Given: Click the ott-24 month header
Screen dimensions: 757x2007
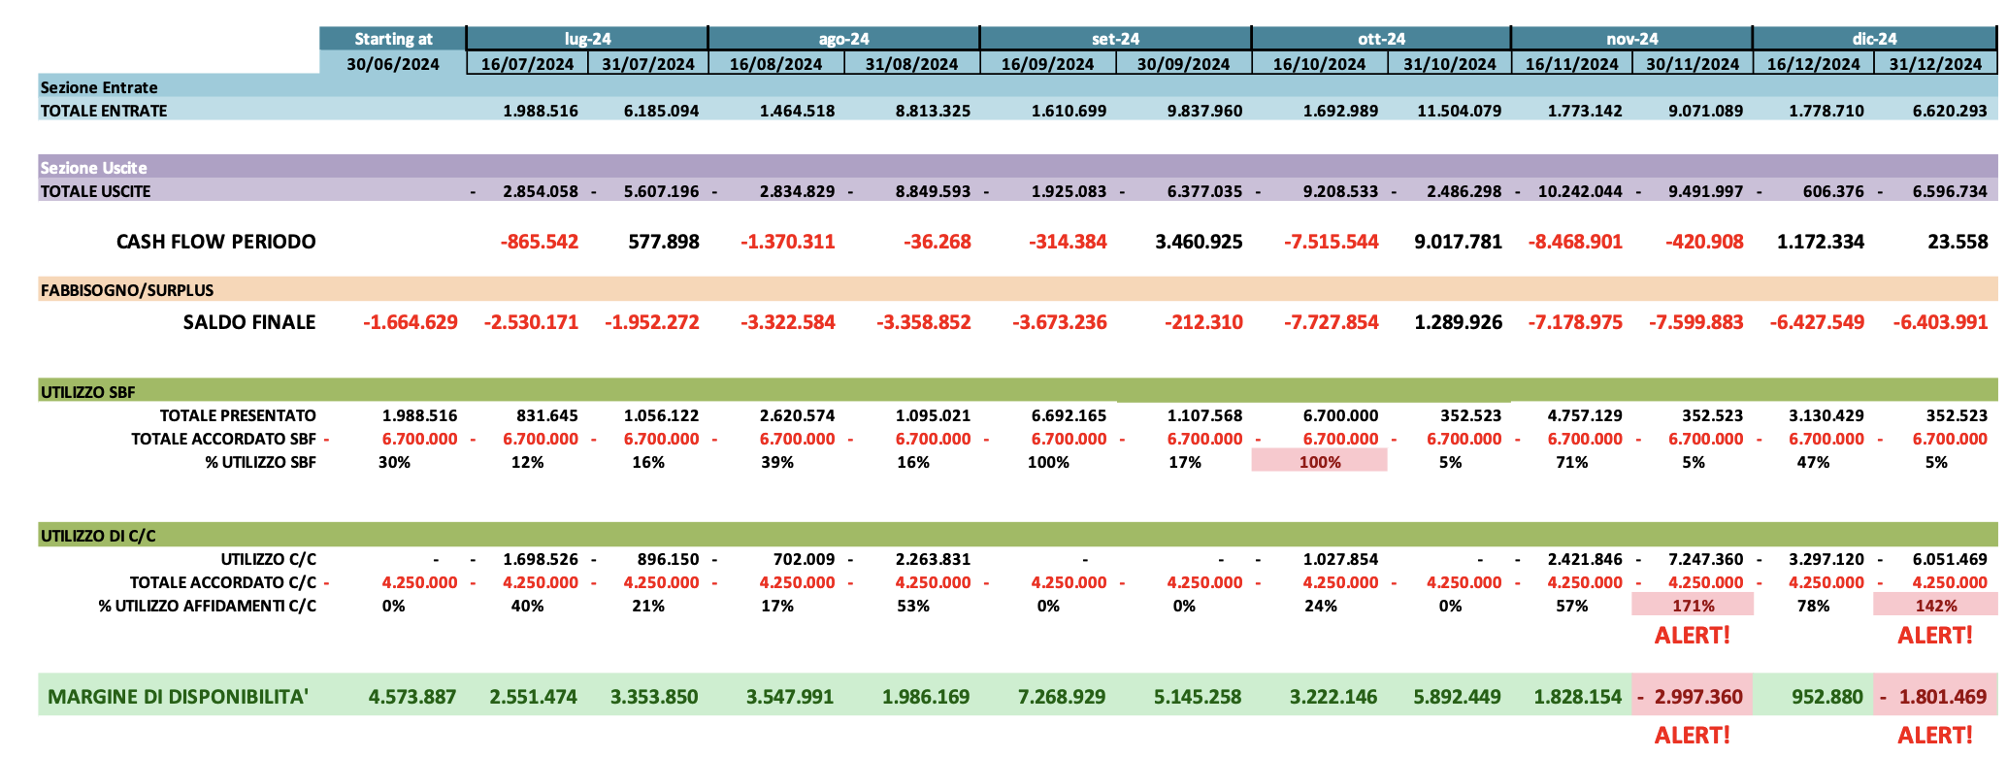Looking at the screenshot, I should (x=1381, y=39).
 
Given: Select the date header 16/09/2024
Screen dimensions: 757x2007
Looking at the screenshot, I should (x=1047, y=64).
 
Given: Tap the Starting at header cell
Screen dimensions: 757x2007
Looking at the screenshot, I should (x=393, y=39).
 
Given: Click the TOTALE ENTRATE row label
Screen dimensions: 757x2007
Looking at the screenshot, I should (x=104, y=111).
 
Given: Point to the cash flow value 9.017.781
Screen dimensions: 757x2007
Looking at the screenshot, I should (x=1458, y=242).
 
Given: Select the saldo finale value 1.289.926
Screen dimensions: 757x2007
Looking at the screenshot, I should (x=1458, y=322).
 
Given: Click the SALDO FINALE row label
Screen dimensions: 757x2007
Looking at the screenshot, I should (x=248, y=322).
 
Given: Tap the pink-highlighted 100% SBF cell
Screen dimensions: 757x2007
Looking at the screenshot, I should (x=1319, y=462).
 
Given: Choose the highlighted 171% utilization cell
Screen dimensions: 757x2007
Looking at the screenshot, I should (x=1693, y=606).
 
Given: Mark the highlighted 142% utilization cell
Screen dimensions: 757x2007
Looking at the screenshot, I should (x=1935, y=606).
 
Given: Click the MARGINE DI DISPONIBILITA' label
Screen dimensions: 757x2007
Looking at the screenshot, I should (x=179, y=697).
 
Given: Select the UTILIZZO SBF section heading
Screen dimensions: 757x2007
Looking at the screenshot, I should (x=88, y=393).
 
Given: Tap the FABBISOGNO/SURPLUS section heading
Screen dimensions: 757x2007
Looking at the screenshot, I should (x=127, y=290).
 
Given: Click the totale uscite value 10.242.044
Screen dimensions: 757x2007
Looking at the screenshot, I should (x=1579, y=191).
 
